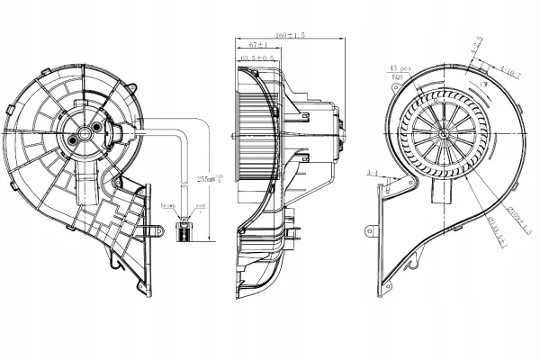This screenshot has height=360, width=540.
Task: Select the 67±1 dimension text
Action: tap(256, 44)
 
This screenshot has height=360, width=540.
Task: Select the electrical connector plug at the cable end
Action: tap(184, 230)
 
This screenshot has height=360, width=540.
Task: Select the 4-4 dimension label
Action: tap(372, 170)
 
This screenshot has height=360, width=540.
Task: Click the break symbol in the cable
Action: tap(184, 184)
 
